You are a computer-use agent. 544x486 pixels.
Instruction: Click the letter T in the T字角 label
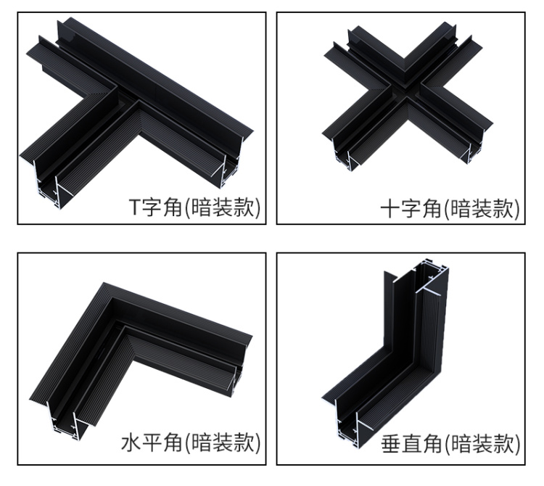(x=135, y=207)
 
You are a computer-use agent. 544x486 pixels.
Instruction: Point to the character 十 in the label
(x=390, y=208)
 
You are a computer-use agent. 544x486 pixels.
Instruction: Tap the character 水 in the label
(x=131, y=442)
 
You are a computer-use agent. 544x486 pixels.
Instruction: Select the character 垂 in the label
(x=391, y=444)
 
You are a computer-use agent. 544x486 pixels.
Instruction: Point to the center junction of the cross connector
(x=405, y=91)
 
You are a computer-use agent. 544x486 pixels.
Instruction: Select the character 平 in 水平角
(x=152, y=442)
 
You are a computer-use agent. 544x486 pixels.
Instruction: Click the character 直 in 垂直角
(x=411, y=444)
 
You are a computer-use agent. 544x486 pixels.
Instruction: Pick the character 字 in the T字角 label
(x=152, y=207)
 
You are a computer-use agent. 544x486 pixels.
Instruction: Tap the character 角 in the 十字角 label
(x=432, y=208)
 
